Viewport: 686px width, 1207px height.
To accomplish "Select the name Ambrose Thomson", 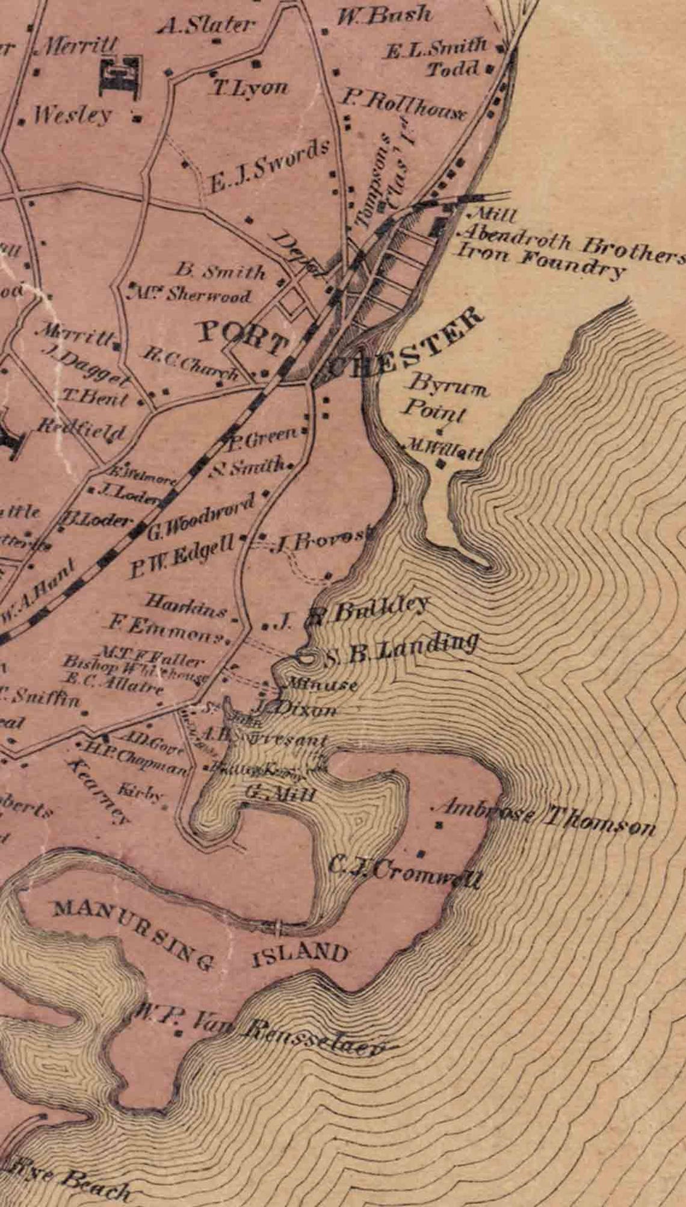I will [545, 818].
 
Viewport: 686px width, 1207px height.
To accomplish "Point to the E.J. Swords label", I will [269, 166].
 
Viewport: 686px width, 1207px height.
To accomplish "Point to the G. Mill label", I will [281, 793].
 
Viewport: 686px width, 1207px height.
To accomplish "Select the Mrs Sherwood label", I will [191, 295].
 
